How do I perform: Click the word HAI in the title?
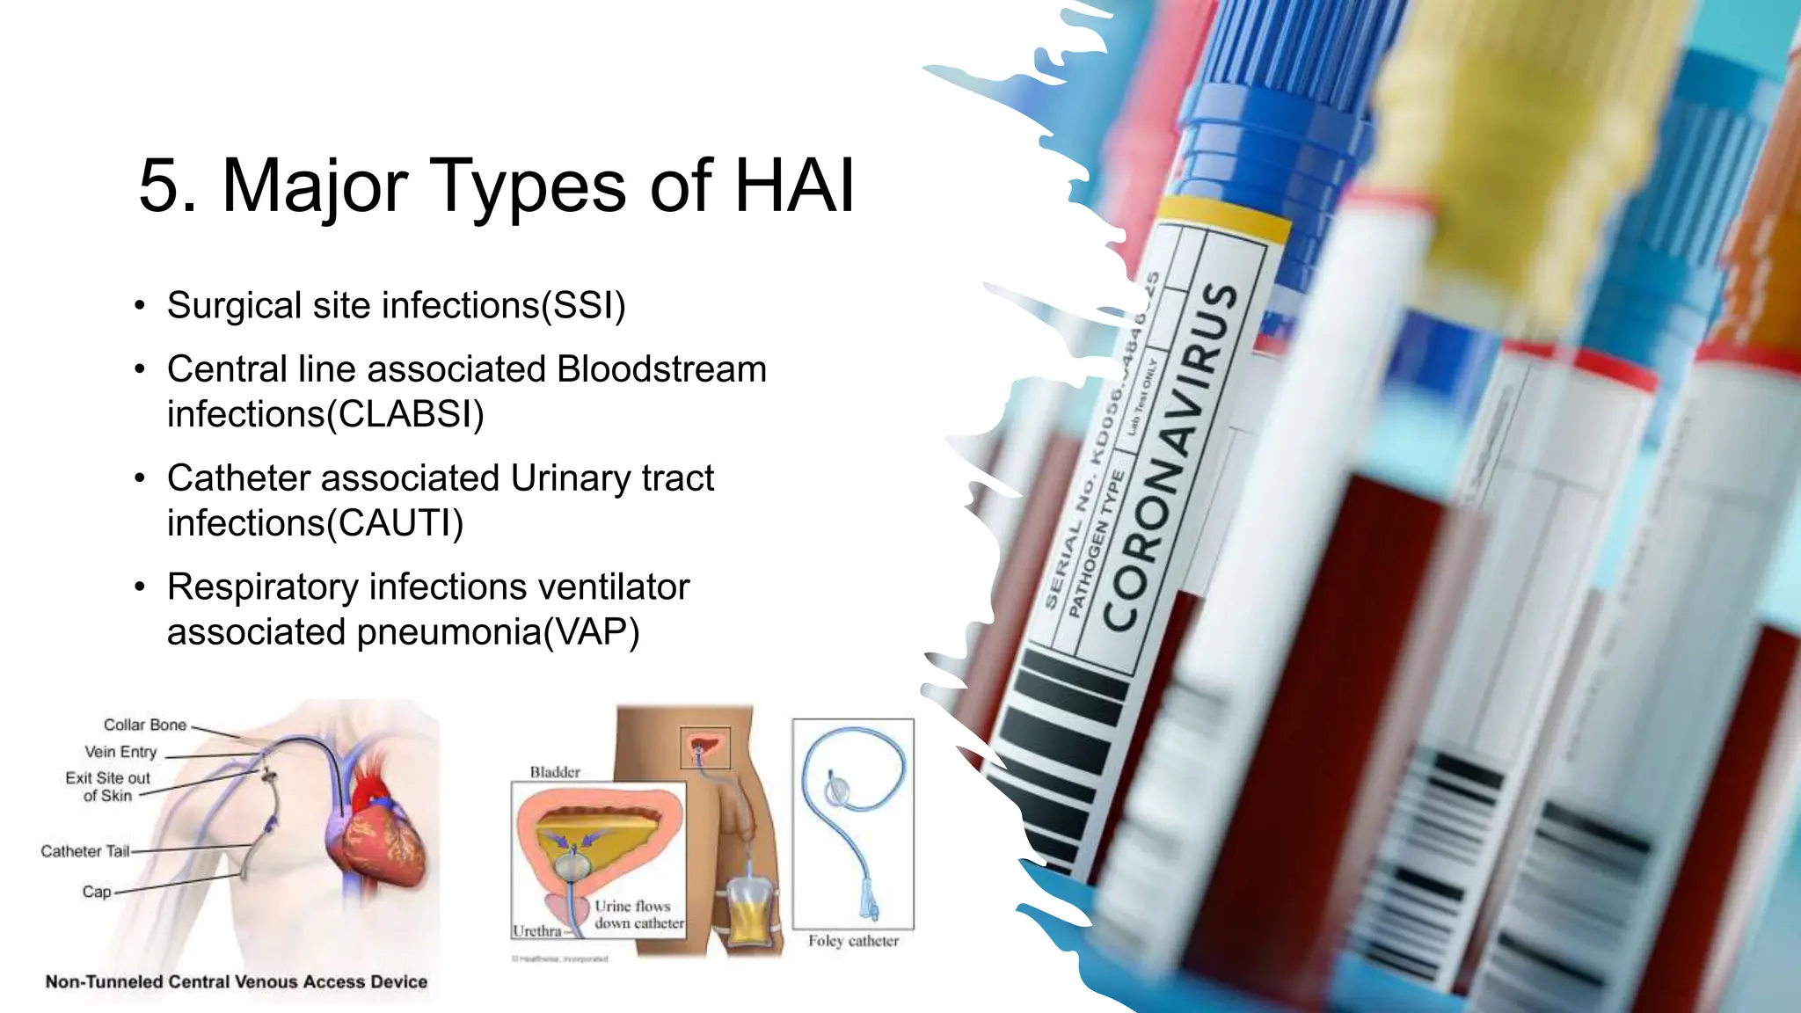[x=793, y=186]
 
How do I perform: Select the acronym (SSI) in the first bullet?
[x=582, y=306]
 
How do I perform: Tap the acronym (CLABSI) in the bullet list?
[x=405, y=414]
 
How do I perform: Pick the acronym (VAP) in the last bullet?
[x=591, y=632]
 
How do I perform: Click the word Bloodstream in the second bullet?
[x=661, y=369]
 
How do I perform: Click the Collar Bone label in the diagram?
[x=145, y=725]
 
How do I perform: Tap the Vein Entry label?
[x=120, y=752]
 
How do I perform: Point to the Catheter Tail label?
[x=84, y=851]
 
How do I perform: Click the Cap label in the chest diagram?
[x=97, y=892]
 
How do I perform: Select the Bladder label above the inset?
[x=555, y=772]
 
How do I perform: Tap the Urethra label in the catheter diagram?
[x=536, y=931]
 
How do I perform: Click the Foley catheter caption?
[x=853, y=941]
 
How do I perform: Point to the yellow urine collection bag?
[x=749, y=915]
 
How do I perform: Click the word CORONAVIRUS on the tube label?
[x=1170, y=457]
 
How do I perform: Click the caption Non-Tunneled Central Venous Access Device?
[x=237, y=982]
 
